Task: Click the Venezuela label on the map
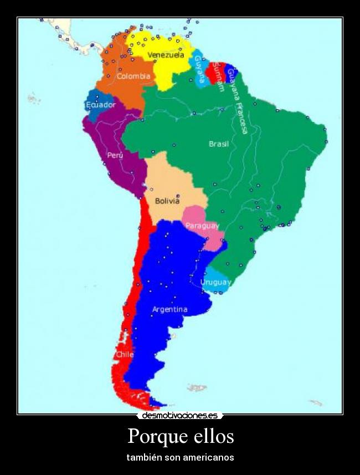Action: (x=166, y=55)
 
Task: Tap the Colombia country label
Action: (x=133, y=76)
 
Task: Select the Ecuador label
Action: (x=101, y=104)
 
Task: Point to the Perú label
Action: (x=115, y=155)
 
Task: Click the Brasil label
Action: (x=219, y=144)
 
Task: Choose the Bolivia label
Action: (x=167, y=201)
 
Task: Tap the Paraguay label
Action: (x=202, y=226)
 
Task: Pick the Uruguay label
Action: (x=215, y=282)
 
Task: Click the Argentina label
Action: (x=169, y=309)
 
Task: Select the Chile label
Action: (x=125, y=354)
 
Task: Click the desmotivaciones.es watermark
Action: (x=179, y=415)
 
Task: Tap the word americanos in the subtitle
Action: (x=207, y=457)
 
